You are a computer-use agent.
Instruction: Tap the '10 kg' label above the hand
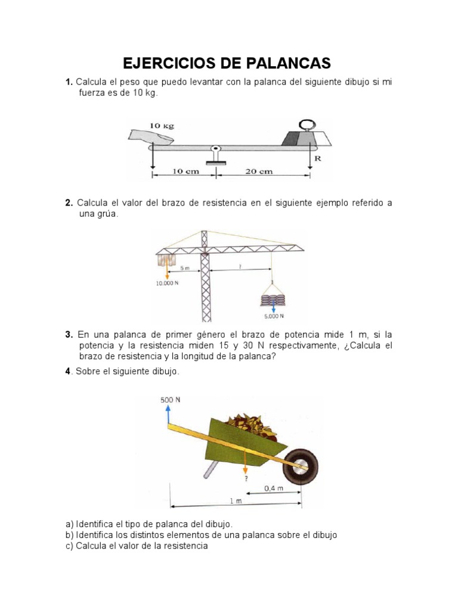pos(162,126)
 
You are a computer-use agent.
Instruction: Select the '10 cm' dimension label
pos(185,172)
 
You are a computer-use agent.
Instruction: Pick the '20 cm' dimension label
pos(259,172)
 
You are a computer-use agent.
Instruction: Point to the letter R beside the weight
pos(317,158)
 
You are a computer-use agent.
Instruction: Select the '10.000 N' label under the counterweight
pos(168,284)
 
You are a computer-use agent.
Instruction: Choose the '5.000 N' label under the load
pos(273,316)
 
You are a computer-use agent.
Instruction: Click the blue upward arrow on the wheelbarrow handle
pos(168,415)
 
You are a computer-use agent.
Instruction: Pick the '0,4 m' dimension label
pos(273,488)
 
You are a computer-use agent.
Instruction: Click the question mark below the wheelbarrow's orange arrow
pos(245,477)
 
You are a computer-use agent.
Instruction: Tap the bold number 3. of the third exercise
pos(69,334)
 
